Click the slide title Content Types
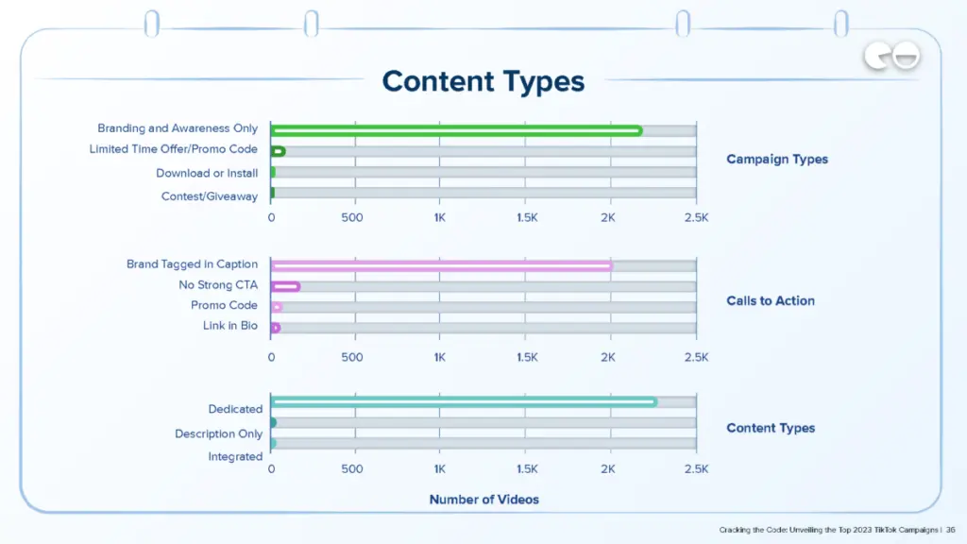point(483,81)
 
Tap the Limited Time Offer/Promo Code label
point(173,149)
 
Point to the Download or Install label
point(207,173)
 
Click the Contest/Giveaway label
point(209,196)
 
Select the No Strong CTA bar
point(285,286)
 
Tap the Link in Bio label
point(229,326)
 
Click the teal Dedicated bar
point(464,402)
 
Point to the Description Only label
point(218,433)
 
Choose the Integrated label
point(235,457)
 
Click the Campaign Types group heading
point(776,160)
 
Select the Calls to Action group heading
point(770,301)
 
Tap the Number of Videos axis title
point(483,499)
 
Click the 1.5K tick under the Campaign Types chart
point(526,217)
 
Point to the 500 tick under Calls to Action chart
point(351,358)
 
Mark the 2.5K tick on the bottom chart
point(695,469)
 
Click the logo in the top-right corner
point(891,59)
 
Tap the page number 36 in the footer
point(951,530)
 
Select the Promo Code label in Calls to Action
point(224,306)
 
